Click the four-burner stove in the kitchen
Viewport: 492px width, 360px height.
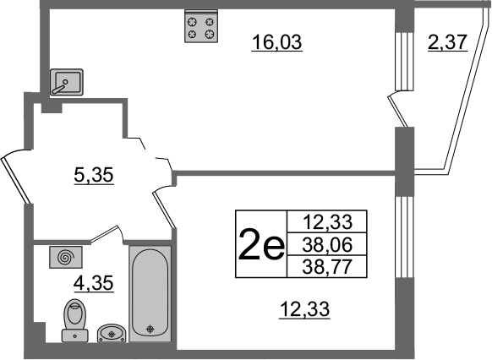(201, 26)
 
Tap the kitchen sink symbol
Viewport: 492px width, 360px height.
(67, 82)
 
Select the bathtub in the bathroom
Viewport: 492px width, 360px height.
(150, 294)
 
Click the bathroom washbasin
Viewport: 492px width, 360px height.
(112, 333)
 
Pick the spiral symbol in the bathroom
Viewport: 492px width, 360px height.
(66, 257)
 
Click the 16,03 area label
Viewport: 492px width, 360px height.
(276, 42)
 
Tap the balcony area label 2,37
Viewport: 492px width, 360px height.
(448, 42)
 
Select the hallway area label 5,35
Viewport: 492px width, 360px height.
(94, 175)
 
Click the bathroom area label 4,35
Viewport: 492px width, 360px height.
(93, 283)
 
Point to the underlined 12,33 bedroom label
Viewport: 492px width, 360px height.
(304, 309)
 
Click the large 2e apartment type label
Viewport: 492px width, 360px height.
(261, 244)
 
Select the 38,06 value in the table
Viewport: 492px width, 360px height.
(327, 244)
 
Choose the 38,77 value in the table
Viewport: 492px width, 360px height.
(327, 267)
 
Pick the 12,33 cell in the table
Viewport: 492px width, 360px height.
(327, 221)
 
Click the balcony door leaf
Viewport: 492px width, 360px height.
(398, 112)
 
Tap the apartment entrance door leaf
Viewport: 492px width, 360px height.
(16, 180)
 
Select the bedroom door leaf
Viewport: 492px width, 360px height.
(164, 210)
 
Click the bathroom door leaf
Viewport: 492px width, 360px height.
(105, 233)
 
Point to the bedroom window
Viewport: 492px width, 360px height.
(404, 237)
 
